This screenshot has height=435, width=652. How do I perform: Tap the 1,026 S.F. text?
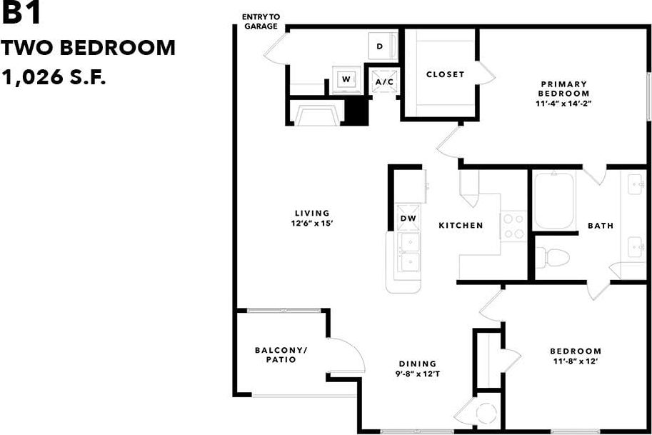[54, 76]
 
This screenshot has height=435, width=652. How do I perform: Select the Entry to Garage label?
[261, 21]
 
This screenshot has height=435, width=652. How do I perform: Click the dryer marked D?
[379, 46]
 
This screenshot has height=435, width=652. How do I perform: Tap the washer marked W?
[346, 79]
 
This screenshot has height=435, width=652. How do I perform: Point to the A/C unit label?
[385, 82]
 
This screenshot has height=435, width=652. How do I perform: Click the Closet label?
[445, 74]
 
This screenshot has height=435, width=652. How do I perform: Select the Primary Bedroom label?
[564, 89]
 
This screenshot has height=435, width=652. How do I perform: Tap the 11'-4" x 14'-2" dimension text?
[564, 104]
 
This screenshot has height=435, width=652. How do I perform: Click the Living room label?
[312, 213]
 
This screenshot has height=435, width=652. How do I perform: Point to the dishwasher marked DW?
[408, 219]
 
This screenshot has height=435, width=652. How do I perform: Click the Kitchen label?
[461, 225]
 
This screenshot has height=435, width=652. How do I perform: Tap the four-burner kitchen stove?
[513, 225]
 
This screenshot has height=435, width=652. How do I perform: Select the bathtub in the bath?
[553, 201]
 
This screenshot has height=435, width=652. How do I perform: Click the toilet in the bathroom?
[551, 256]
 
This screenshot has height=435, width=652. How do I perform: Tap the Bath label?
[600, 226]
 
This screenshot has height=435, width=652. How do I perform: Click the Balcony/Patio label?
[281, 354]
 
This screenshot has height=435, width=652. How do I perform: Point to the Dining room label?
[418, 364]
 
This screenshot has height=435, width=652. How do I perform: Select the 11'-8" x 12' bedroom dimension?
[575, 361]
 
